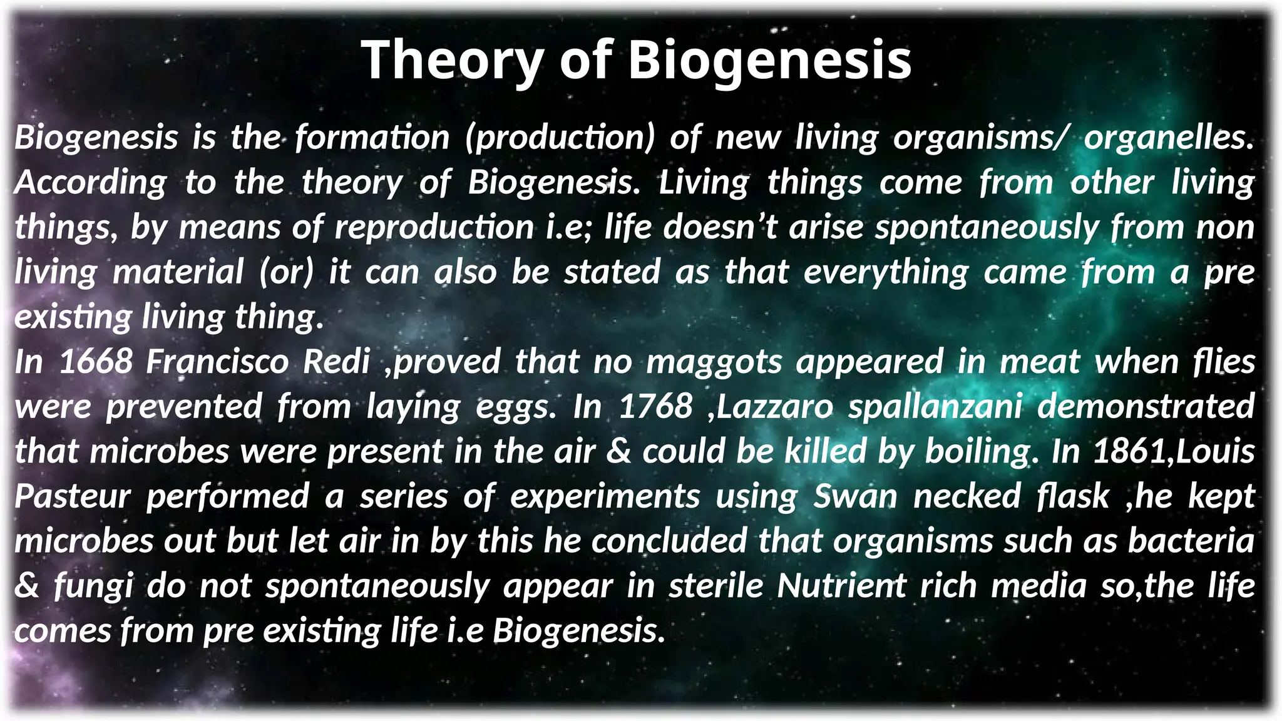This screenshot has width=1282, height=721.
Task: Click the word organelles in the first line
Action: coord(1168,138)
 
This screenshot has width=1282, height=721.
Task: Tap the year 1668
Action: coord(96,362)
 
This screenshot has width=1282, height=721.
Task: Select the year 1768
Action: coord(655,407)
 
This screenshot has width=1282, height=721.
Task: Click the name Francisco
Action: coord(217,362)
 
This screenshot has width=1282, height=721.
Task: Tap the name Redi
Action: coord(336,362)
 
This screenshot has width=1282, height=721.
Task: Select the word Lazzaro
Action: coord(775,407)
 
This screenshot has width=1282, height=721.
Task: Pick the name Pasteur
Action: coord(73,496)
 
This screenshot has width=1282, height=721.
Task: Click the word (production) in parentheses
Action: coord(560,138)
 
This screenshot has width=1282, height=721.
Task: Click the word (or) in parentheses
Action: coord(287,272)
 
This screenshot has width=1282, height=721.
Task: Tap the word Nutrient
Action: coord(841,586)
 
